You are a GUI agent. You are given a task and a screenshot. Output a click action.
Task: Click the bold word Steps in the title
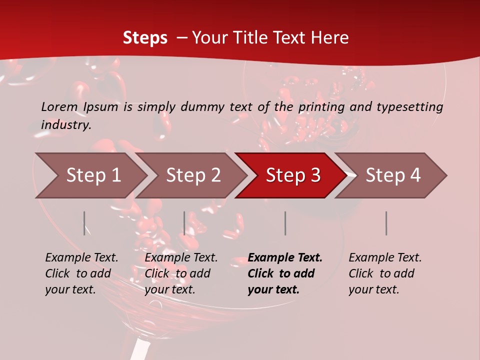click(145, 38)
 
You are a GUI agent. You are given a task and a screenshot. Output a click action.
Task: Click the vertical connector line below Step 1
click(84, 223)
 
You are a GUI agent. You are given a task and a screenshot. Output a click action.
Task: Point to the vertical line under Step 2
click(184, 223)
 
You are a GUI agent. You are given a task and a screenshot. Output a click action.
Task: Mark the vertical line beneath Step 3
click(285, 223)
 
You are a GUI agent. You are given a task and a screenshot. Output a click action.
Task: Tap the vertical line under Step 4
click(386, 223)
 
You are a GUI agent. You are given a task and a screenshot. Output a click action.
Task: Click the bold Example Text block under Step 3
click(285, 273)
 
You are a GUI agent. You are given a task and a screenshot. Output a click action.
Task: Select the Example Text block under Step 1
click(81, 273)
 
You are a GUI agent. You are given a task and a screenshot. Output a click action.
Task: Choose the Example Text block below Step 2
click(181, 273)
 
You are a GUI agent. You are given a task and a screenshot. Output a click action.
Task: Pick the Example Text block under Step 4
click(385, 273)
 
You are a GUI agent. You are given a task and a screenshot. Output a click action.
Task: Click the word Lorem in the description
click(59, 107)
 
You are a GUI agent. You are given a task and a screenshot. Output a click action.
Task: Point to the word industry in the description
click(65, 125)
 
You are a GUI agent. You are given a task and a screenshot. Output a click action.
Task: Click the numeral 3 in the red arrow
click(315, 175)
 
